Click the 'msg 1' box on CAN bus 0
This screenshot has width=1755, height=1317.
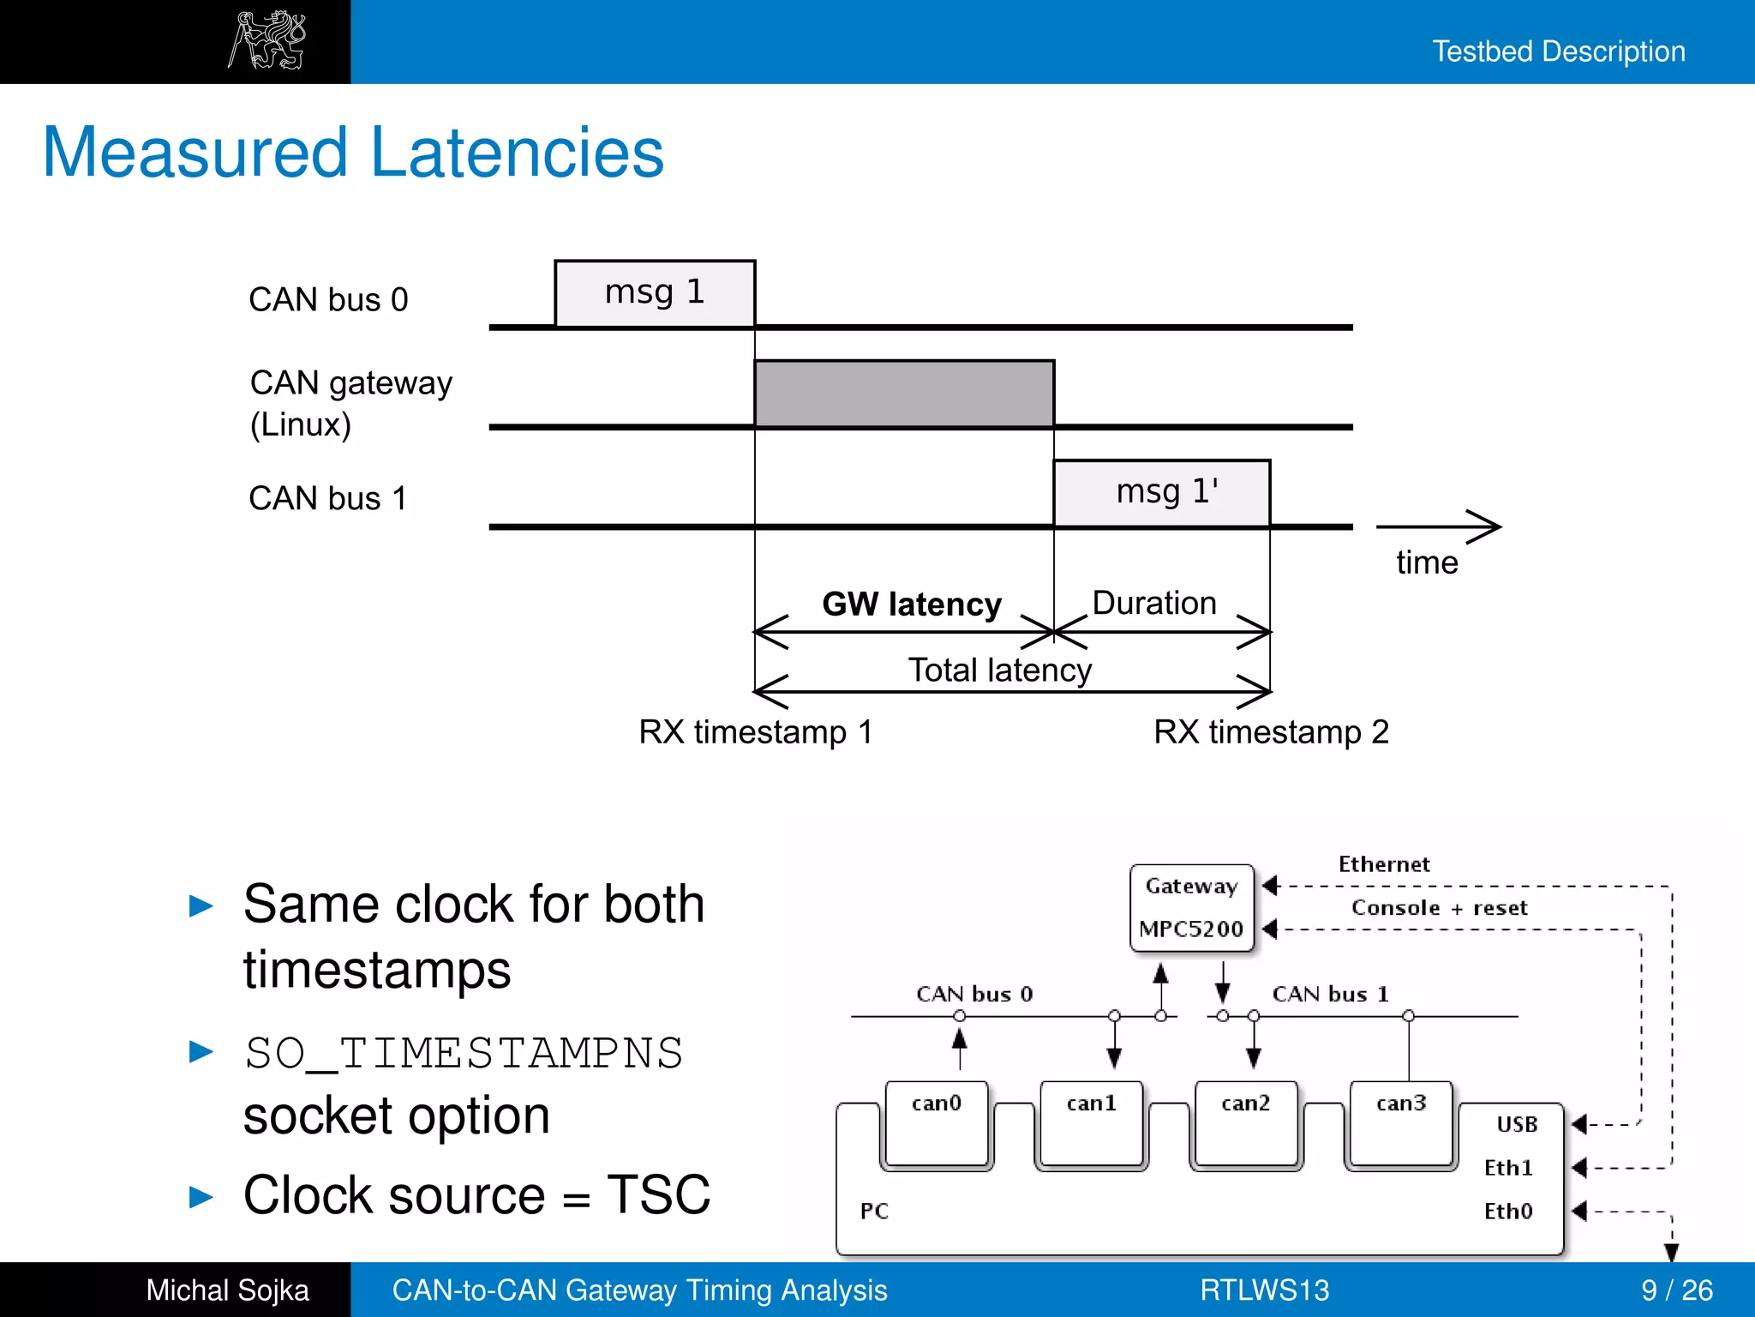655,293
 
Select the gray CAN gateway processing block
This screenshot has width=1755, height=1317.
904,394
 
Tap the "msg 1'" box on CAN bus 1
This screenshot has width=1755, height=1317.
1161,493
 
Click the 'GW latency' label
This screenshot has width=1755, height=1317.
912,604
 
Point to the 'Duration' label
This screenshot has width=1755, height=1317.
1154,603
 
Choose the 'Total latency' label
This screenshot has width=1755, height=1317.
1000,670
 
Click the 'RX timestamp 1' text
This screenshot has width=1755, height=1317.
756,732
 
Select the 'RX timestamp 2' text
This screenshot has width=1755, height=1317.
1271,732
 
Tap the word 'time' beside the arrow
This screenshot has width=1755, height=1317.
1427,562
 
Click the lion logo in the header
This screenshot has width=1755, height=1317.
267,40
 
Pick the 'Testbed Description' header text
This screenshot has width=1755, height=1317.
1558,51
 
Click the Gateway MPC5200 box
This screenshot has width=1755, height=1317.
1191,908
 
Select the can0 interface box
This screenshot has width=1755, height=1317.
937,1123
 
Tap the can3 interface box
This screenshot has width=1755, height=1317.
1401,1123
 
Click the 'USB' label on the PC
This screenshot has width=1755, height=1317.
1517,1124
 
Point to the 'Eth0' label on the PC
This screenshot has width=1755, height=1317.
1508,1211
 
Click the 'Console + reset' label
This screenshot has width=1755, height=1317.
1439,908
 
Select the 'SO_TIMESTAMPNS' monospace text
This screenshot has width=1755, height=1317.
464,1053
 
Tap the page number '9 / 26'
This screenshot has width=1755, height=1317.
1676,1290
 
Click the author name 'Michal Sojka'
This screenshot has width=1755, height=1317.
227,1290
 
